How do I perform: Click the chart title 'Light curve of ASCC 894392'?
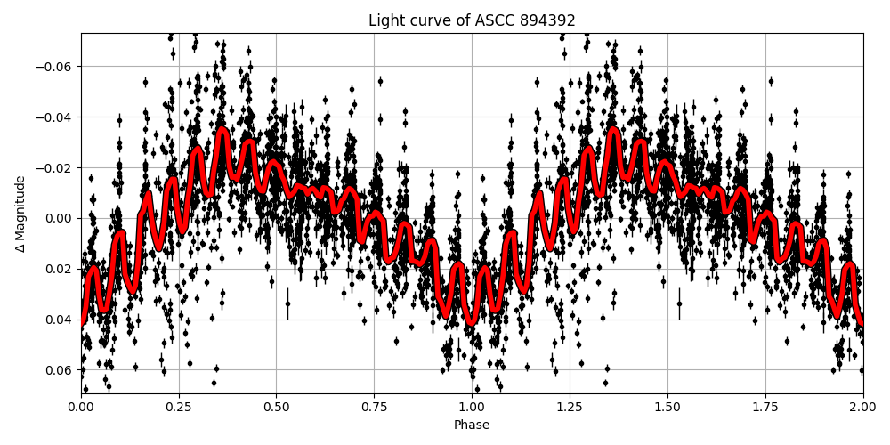pos(472,20)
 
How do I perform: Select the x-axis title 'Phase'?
pos(472,425)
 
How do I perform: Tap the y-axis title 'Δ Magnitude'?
pos(21,214)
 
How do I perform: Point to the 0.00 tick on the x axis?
pos(81,407)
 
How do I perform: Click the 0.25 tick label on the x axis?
pos(179,407)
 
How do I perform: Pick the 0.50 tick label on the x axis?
pos(276,407)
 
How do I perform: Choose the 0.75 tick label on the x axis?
pos(374,407)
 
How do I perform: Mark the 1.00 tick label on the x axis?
pos(472,407)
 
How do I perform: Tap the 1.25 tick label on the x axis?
pos(570,407)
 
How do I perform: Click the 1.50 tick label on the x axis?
pos(667,407)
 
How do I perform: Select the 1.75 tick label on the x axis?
pos(765,407)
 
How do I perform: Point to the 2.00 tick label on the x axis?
pos(862,407)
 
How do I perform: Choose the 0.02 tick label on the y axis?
pos(60,269)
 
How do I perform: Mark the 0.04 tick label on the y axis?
pos(60,320)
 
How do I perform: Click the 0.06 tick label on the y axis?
pos(60,370)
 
